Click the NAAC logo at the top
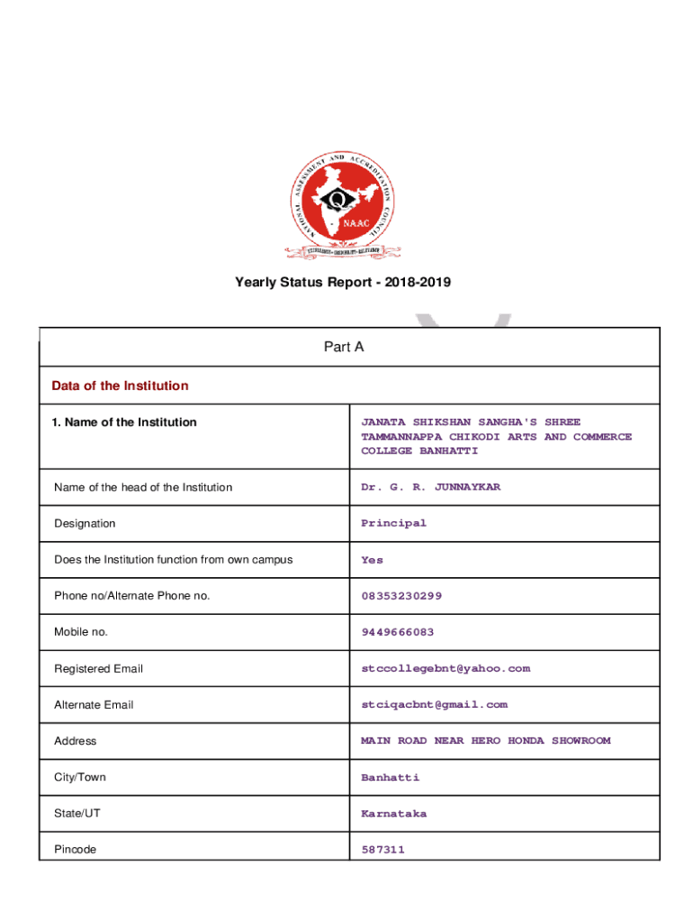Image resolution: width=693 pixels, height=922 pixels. coord(343,203)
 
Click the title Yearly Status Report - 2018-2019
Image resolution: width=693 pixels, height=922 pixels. coord(343,283)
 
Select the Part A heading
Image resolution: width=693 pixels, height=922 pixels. coord(343,347)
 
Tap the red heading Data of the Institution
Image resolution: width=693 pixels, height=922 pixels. coord(120,385)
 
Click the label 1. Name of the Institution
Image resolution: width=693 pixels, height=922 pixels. coord(124,422)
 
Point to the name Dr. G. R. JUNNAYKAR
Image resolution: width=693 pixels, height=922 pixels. coord(430,487)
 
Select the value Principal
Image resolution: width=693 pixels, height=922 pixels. coord(393,523)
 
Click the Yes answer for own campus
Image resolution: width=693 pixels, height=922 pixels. coord(372,560)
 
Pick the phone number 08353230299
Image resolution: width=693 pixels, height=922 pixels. coord(401,596)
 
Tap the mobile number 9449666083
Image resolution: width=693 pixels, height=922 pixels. coord(397,632)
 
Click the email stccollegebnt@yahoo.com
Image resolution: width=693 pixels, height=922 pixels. coord(445,668)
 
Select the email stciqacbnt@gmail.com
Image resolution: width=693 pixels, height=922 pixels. coord(434,704)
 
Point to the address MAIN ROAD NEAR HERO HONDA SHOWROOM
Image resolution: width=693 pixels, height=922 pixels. coord(485,741)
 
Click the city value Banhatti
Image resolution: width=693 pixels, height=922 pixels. coord(390,777)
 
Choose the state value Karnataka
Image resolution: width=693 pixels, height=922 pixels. coord(393,813)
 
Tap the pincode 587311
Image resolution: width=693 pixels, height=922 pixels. coord(382,849)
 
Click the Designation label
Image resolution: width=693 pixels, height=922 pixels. coord(85,523)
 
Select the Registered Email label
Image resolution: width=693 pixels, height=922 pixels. coord(98,669)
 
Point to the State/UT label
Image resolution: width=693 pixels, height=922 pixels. coord(77,813)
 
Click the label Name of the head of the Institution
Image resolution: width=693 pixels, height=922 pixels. coord(143,487)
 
